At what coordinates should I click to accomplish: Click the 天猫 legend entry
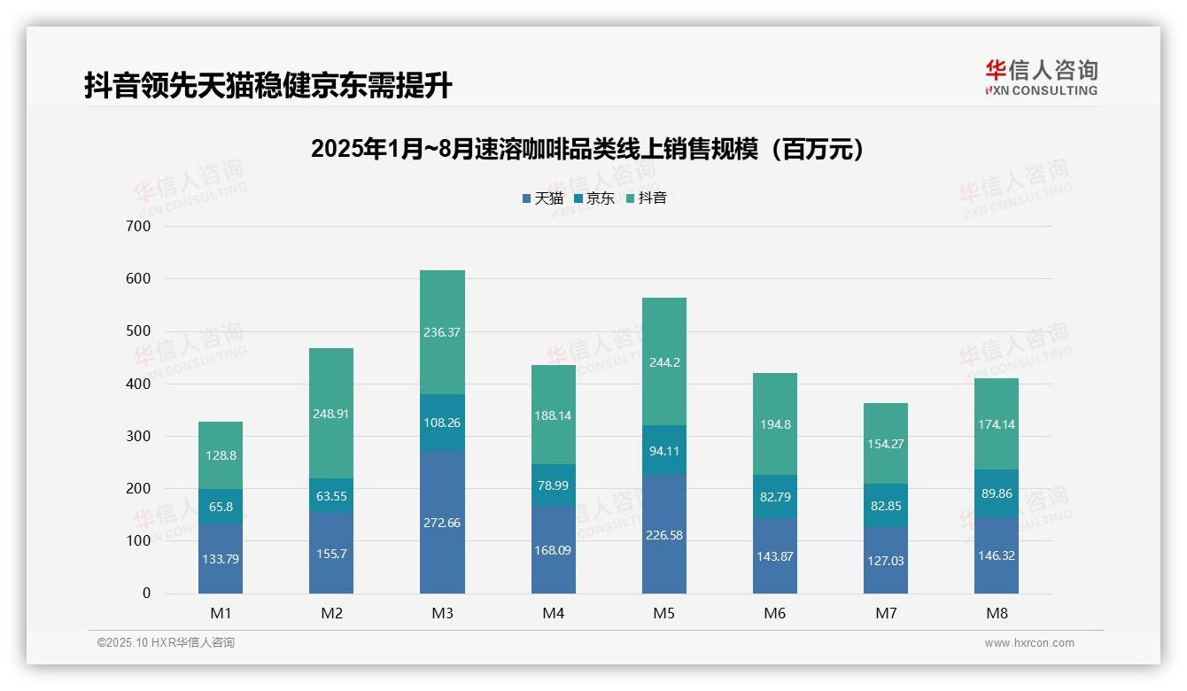click(x=543, y=198)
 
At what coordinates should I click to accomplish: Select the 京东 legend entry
click(x=594, y=198)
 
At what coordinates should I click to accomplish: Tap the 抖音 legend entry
click(x=647, y=198)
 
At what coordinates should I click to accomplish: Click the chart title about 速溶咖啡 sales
click(x=586, y=149)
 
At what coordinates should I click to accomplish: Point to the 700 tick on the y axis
click(x=139, y=226)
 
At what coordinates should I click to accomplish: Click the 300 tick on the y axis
click(x=139, y=436)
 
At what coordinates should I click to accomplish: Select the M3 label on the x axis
click(x=442, y=613)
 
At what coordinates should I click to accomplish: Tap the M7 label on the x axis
click(x=886, y=613)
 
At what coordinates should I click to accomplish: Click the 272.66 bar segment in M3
click(x=442, y=523)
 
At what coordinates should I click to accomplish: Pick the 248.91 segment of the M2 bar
click(x=331, y=413)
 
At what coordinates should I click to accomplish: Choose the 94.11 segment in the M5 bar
click(x=664, y=449)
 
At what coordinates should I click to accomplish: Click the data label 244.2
click(x=664, y=362)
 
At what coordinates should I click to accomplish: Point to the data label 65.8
click(x=221, y=507)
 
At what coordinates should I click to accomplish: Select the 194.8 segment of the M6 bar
click(x=775, y=424)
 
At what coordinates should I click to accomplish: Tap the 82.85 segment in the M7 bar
click(x=886, y=505)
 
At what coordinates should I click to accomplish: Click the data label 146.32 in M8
click(x=997, y=556)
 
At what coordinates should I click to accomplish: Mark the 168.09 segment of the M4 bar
click(x=553, y=550)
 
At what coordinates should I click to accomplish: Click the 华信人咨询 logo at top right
click(x=1041, y=77)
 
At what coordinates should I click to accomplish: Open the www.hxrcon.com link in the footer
click(x=1029, y=643)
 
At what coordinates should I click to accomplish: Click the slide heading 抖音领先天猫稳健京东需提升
click(x=268, y=85)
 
